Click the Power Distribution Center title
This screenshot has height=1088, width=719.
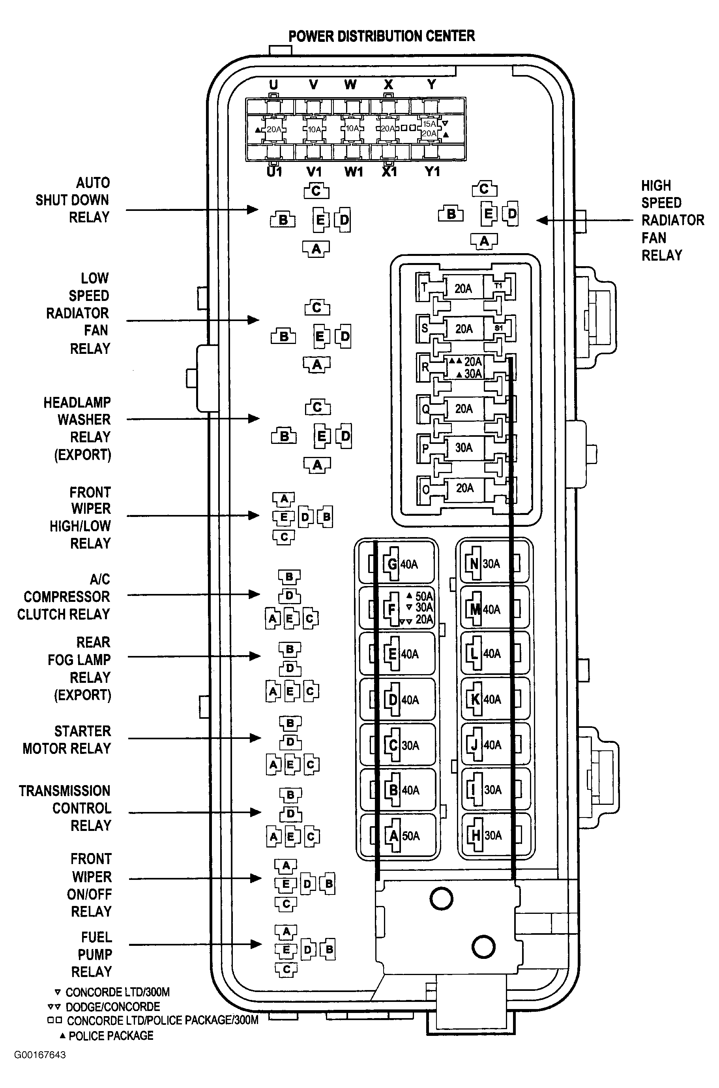click(x=382, y=36)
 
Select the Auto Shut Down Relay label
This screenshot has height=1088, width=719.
click(x=73, y=200)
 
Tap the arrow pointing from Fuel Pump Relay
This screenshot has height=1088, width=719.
click(x=195, y=944)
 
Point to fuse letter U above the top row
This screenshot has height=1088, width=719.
click(x=273, y=85)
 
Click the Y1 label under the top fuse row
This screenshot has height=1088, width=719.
click(x=433, y=172)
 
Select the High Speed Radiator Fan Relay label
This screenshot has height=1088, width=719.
click(x=672, y=220)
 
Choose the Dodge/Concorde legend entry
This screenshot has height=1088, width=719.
click(x=104, y=1007)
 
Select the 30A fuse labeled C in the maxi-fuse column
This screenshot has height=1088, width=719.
click(x=397, y=745)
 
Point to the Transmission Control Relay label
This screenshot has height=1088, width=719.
click(x=65, y=808)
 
